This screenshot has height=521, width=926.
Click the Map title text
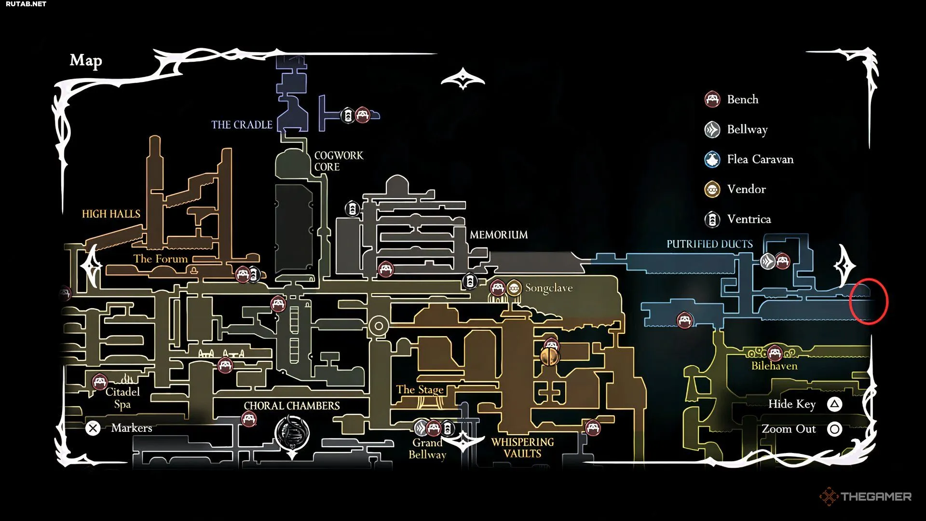tap(86, 60)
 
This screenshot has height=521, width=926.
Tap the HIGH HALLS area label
tap(111, 214)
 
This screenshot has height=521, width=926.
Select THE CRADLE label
tap(242, 124)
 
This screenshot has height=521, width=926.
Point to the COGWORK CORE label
tap(339, 161)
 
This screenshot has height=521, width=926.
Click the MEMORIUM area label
tap(499, 235)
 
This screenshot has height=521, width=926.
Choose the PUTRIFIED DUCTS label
tap(709, 244)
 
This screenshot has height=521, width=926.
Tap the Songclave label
tap(549, 288)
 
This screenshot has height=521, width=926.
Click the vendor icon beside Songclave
tap(514, 288)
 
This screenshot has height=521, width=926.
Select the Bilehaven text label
tap(774, 366)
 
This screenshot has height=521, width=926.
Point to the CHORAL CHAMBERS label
tap(292, 406)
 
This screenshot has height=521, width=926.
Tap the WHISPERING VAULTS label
tap(522, 448)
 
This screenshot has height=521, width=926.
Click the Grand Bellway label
tap(427, 449)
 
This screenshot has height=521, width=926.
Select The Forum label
tap(161, 259)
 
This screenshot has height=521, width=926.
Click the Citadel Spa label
tap(123, 398)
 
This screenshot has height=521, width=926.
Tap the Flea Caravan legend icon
tap(712, 159)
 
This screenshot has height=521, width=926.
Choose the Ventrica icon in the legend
tap(712, 219)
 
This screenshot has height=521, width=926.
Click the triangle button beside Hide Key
tap(835, 404)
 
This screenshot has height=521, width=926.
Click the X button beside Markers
tap(93, 428)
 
